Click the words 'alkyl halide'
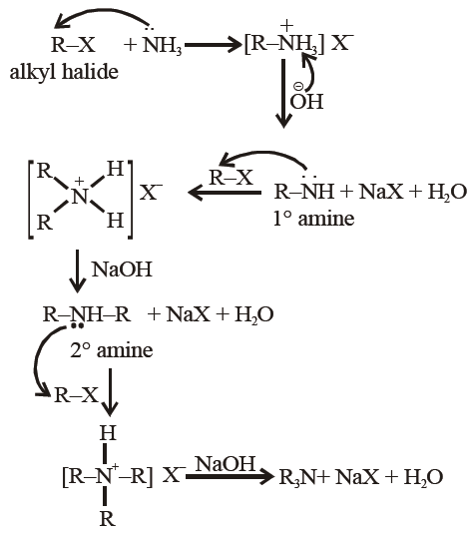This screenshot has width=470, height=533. [x=64, y=73]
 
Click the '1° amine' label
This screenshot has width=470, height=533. [x=313, y=219]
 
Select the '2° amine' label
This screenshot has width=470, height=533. [x=112, y=350]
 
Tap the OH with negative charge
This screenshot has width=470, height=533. [x=306, y=98]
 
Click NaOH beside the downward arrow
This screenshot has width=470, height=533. [x=122, y=269]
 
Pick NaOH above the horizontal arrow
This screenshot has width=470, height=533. [x=226, y=464]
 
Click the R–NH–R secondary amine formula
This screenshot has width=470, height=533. [x=87, y=314]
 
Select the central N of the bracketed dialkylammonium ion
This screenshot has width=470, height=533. [x=80, y=197]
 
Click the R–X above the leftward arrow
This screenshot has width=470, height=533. [x=232, y=178]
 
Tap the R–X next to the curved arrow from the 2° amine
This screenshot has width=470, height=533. [x=76, y=395]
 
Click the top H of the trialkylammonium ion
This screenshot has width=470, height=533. [x=108, y=433]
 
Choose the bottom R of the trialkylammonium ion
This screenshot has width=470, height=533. [x=107, y=519]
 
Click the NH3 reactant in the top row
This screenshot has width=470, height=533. [x=163, y=45]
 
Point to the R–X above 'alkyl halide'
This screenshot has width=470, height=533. [x=73, y=45]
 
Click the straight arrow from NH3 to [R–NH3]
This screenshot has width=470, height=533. [x=213, y=45]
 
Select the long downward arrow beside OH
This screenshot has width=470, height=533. [x=283, y=94]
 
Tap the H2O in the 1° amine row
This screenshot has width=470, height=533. [x=447, y=192]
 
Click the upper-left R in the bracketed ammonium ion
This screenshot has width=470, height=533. [x=44, y=171]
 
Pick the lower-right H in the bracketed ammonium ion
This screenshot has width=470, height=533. [x=115, y=221]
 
